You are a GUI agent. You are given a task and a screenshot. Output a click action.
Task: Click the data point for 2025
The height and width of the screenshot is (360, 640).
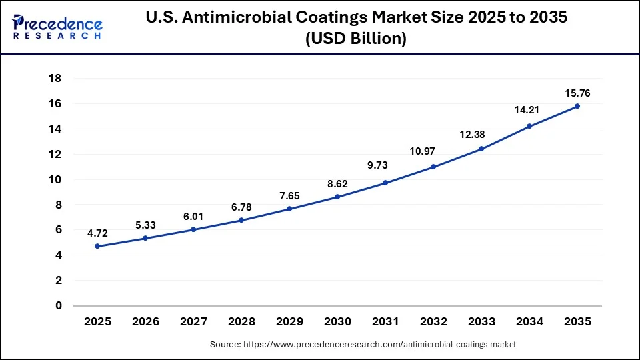(97, 246)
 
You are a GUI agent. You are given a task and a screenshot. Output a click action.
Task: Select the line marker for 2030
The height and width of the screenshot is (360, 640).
(337, 197)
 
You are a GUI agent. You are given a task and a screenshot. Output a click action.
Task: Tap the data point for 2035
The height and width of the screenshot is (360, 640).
(577, 106)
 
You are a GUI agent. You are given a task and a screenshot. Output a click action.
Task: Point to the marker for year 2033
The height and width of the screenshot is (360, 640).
(481, 149)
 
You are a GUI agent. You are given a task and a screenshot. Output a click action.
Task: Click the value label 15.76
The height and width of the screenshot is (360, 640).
(577, 93)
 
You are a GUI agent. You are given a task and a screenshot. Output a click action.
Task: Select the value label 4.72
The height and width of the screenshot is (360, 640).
(97, 233)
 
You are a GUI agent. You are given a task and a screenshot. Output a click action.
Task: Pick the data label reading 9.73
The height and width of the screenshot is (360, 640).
(385, 165)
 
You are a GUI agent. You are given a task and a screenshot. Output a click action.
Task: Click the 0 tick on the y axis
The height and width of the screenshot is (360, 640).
(59, 306)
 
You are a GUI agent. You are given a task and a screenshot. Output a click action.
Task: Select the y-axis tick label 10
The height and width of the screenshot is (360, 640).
(55, 179)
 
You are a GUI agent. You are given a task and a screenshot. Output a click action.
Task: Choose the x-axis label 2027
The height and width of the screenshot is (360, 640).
(193, 321)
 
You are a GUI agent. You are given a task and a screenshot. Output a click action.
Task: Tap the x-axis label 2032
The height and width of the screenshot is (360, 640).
(433, 321)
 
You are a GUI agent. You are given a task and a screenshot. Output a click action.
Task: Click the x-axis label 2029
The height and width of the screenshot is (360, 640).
(289, 321)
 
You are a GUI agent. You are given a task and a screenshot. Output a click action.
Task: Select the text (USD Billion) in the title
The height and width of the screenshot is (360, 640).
(355, 39)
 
